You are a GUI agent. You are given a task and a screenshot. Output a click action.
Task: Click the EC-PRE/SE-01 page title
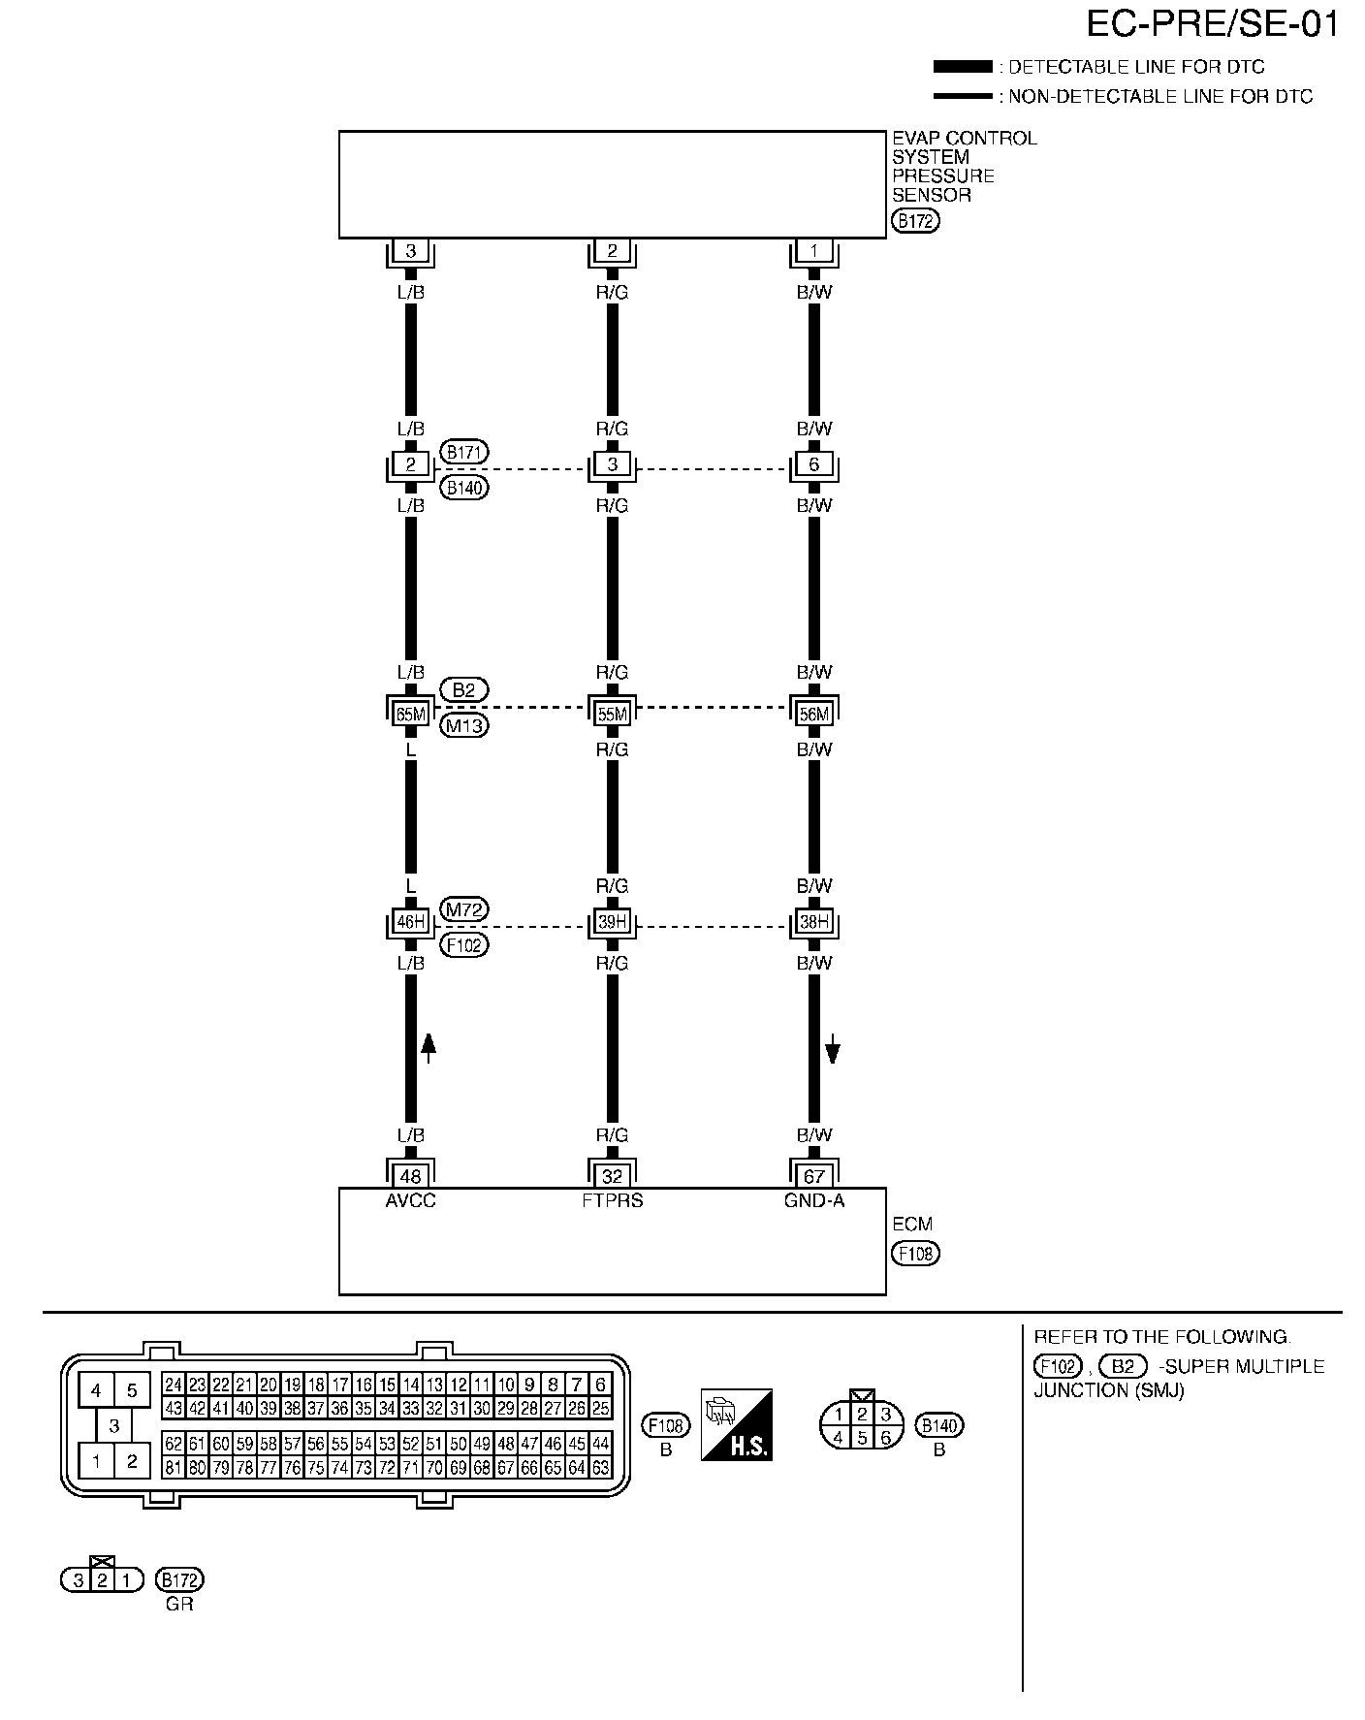pyautogui.click(x=1212, y=25)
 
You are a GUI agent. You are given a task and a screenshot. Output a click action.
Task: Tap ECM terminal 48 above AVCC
pyautogui.click(x=411, y=1176)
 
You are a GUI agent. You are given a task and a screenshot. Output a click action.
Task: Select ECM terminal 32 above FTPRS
pyautogui.click(x=613, y=1176)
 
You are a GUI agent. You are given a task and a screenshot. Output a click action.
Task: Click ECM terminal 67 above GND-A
pyautogui.click(x=814, y=1176)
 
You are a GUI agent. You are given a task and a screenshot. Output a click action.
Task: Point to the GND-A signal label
pyautogui.click(x=814, y=1200)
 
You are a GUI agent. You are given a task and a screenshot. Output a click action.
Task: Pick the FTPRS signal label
pyautogui.click(x=613, y=1200)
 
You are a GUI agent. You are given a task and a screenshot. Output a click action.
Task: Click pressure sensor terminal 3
pyautogui.click(x=411, y=251)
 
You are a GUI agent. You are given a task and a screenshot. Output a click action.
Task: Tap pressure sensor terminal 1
pyautogui.click(x=814, y=251)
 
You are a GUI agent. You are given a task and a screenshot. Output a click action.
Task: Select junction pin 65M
pyautogui.click(x=411, y=715)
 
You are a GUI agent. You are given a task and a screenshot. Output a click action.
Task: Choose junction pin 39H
pyautogui.click(x=613, y=922)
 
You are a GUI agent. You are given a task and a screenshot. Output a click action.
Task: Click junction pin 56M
pyautogui.click(x=814, y=715)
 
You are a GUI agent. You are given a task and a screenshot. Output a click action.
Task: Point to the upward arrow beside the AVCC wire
pyautogui.click(x=429, y=1046)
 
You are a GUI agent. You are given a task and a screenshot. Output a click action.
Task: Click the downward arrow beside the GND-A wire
pyautogui.click(x=832, y=1048)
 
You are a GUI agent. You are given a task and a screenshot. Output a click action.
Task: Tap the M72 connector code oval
pyautogui.click(x=464, y=909)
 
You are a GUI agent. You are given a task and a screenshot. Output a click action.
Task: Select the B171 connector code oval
pyautogui.click(x=464, y=452)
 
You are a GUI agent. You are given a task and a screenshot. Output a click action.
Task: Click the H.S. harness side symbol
pyautogui.click(x=737, y=1424)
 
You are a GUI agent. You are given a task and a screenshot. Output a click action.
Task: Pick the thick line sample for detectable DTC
pyautogui.click(x=962, y=67)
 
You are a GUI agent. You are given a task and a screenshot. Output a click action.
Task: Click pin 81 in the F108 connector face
pyautogui.click(x=174, y=1468)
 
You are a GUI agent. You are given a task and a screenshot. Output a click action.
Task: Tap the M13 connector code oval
pyautogui.click(x=464, y=725)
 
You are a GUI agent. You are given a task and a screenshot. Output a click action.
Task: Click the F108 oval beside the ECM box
pyautogui.click(x=915, y=1253)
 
